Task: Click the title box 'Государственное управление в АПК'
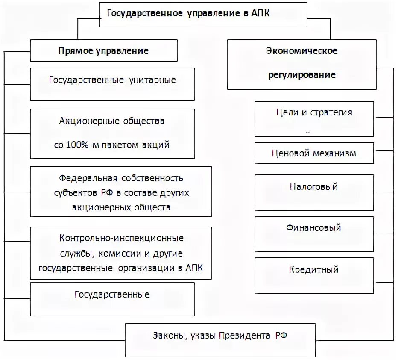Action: pos(203,14)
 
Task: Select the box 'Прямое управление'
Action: pos(103,51)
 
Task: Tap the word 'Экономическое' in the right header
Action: pos(302,51)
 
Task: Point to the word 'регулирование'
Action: pos(302,75)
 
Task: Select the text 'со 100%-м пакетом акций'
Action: pos(112,145)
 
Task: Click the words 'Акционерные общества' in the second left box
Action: pos(112,121)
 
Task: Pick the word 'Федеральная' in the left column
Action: pos(88,178)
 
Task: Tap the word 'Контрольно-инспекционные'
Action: pos(121,238)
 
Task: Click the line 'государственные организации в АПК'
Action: pos(121,268)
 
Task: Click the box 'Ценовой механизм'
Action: pos(314,153)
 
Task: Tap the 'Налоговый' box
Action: pos(314,187)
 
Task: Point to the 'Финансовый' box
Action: pos(314,228)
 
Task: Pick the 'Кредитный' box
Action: pos(314,270)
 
